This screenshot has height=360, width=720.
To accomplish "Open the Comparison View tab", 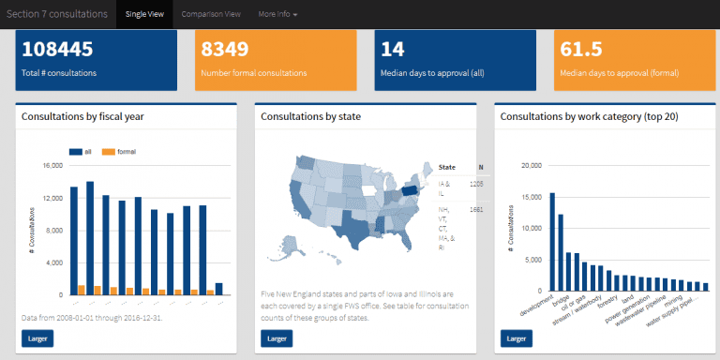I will tap(211, 14).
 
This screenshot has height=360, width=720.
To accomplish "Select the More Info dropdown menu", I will tap(278, 14).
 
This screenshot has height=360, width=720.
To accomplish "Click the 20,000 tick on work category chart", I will tap(530, 166).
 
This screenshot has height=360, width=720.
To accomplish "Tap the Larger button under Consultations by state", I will tap(277, 337).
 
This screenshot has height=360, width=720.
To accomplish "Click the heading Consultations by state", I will tap(310, 117).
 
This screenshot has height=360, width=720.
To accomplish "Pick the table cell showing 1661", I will tap(475, 209).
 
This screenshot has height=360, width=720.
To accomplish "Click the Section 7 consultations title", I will tap(55, 14).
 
